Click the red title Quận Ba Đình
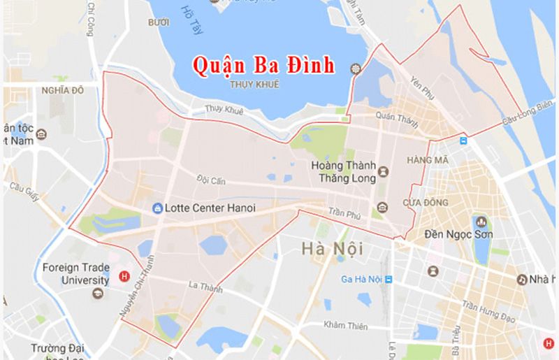pyautogui.click(x=264, y=65)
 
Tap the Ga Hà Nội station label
pyautogui.click(x=363, y=280)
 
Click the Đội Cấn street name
pyautogui.click(x=211, y=181)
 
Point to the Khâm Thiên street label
pyautogui.click(x=346, y=325)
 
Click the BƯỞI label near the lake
pyautogui.click(x=159, y=23)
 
